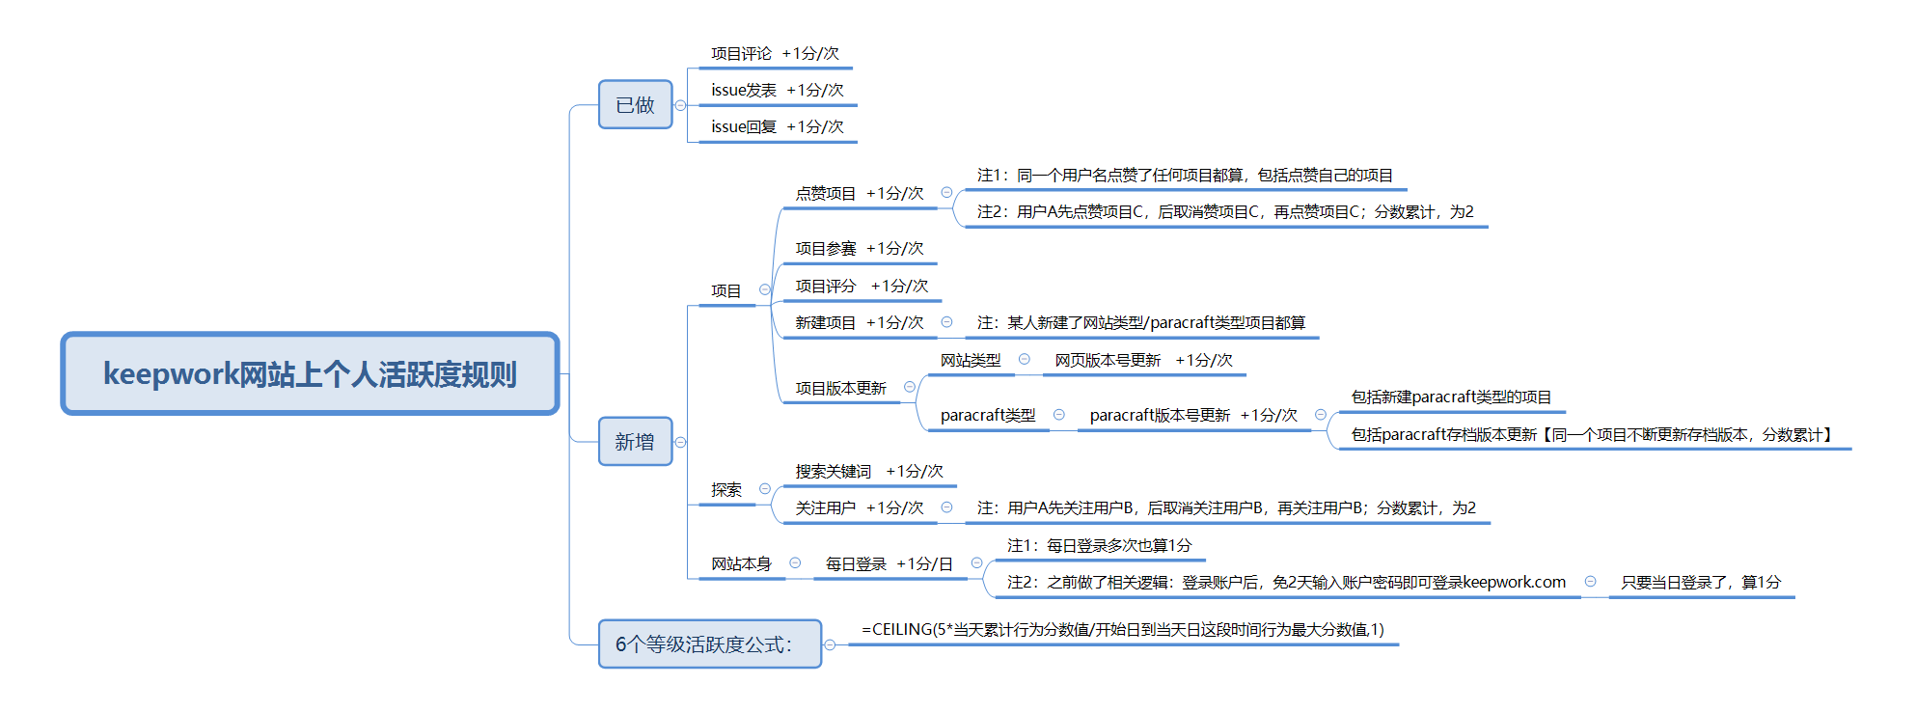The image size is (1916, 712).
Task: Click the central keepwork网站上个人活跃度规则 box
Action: coord(310,373)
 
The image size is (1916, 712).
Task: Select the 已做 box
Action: coord(635,104)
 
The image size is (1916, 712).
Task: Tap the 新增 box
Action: coord(635,442)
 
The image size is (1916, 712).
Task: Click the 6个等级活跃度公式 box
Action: coord(709,644)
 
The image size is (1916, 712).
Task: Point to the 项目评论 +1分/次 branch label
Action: coord(775,54)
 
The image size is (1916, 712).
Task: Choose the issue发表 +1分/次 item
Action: coord(777,91)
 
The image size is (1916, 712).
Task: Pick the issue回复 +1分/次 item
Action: coord(777,127)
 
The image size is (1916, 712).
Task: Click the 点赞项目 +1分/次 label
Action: coord(859,194)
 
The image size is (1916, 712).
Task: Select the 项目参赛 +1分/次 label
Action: coord(859,249)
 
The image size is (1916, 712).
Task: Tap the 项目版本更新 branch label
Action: coord(840,389)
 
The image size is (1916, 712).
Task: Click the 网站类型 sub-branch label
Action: coord(971,361)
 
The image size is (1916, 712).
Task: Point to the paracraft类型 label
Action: coord(988,416)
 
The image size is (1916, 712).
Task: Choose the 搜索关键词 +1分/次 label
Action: coord(868,472)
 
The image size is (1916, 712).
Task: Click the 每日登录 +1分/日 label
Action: coord(889,564)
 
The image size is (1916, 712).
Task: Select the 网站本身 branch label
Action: coord(741,564)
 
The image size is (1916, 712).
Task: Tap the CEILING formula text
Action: coord(1122,630)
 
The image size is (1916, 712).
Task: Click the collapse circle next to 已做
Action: coord(681,105)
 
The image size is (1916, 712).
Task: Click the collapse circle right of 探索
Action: coord(765,489)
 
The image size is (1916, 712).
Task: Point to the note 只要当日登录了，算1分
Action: coord(1700,583)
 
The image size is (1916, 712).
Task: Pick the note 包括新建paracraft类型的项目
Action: coord(1451,397)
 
